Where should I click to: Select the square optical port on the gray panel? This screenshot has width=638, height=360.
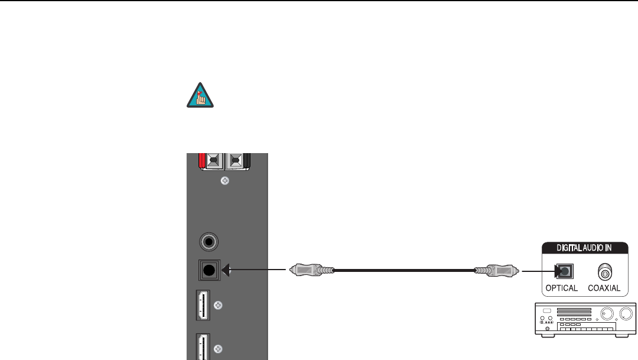pos(207,271)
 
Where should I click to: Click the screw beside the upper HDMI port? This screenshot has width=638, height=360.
pos(219,306)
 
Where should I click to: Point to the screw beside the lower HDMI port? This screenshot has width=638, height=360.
pos(219,348)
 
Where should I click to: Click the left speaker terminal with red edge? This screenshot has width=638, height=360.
pos(212,160)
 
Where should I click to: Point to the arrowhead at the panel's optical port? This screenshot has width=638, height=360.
pos(225,271)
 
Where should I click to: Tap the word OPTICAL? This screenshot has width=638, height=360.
pos(561,288)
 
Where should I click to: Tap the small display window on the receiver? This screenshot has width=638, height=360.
pos(546,312)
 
